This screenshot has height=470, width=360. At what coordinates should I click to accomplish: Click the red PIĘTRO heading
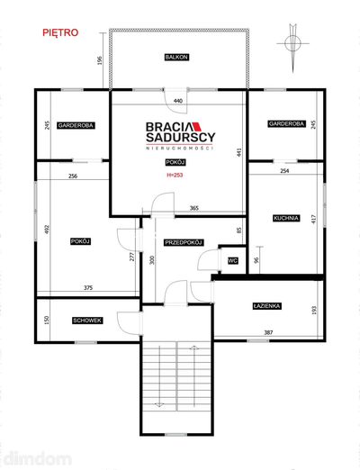pos(60,32)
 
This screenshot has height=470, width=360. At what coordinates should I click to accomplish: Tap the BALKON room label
pos(176,57)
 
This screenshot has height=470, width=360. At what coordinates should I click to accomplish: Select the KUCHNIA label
pos(286,218)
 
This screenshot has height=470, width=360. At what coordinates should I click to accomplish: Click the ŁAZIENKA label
pos(266,306)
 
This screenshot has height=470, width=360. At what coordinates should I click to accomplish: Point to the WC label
pos(233,261)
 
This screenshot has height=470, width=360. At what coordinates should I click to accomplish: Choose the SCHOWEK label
pos(87,321)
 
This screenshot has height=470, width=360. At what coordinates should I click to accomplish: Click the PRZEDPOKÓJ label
pos(184,242)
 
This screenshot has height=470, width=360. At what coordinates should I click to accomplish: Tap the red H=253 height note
pos(175,175)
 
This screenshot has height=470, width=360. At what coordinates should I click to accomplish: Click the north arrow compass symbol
pos(292,43)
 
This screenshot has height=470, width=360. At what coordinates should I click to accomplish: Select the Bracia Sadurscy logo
pos(181,135)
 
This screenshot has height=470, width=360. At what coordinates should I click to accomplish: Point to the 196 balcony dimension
pos(100,60)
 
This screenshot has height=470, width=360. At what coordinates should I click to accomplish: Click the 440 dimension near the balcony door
pos(178,101)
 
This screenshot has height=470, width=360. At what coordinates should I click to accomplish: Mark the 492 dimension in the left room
pos(47,230)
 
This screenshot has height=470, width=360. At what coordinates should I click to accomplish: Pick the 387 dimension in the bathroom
pos(268,332)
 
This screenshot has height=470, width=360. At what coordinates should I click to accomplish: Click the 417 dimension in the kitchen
pos(314,220)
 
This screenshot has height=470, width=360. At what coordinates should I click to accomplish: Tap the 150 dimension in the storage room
pos(47,320)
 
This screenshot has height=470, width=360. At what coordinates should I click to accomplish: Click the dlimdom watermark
pos(38,459)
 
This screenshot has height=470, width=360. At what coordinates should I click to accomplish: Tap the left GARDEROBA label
pos(76,125)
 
